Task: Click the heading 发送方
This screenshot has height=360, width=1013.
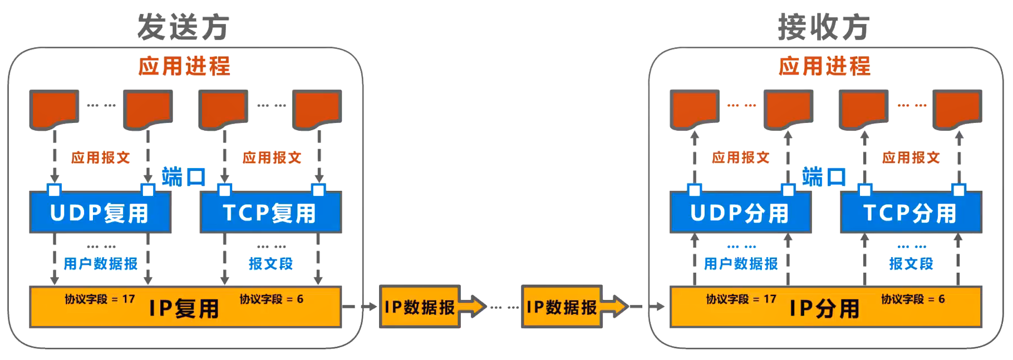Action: tap(183, 27)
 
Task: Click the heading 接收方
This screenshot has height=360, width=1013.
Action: tap(824, 27)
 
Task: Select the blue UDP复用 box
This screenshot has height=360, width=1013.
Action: tap(100, 213)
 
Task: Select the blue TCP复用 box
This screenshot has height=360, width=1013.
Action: tap(271, 213)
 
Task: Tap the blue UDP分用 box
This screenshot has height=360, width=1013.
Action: tap(740, 213)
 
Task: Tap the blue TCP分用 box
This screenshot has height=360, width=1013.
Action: tap(911, 213)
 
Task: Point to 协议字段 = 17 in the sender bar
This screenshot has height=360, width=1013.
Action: tap(100, 299)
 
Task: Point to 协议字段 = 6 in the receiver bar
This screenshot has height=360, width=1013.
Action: tap(913, 299)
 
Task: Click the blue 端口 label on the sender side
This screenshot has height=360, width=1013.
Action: tap(184, 177)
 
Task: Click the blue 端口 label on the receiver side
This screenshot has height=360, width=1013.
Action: tap(824, 177)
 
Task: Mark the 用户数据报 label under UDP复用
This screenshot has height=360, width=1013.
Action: tap(101, 264)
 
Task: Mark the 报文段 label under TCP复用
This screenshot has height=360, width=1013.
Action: tap(271, 264)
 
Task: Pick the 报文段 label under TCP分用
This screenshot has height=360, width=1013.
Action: tap(911, 264)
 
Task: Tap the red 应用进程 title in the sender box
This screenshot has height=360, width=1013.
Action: tap(184, 66)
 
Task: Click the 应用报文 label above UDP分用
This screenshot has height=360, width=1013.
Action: tap(741, 157)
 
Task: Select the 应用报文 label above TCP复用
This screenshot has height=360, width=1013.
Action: tap(272, 157)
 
